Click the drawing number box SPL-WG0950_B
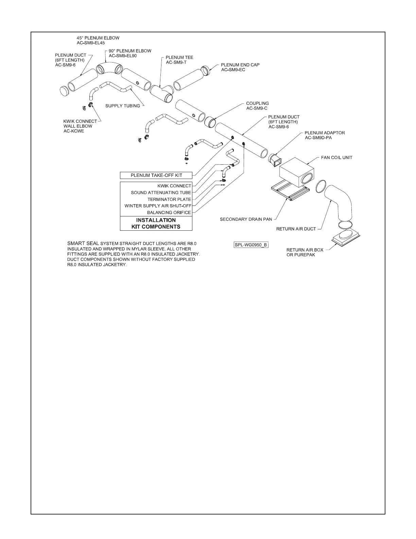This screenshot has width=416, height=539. click(251, 245)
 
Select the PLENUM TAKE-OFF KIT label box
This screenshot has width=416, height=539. click(156, 175)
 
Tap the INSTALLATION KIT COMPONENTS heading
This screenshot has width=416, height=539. click(156, 224)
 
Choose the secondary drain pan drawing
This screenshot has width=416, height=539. click(290, 193)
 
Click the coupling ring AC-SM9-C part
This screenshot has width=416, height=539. click(210, 121)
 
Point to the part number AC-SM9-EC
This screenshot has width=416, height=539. click(233, 70)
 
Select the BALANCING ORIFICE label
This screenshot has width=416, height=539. click(169, 212)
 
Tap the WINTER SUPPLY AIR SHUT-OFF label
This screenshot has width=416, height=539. click(158, 206)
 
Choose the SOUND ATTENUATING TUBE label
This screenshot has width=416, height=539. click(161, 193)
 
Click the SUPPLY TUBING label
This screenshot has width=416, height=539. click(123, 106)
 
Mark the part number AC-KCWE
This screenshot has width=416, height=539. click(74, 131)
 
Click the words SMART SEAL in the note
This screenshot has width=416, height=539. click(83, 243)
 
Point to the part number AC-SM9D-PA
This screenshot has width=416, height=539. click(318, 138)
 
